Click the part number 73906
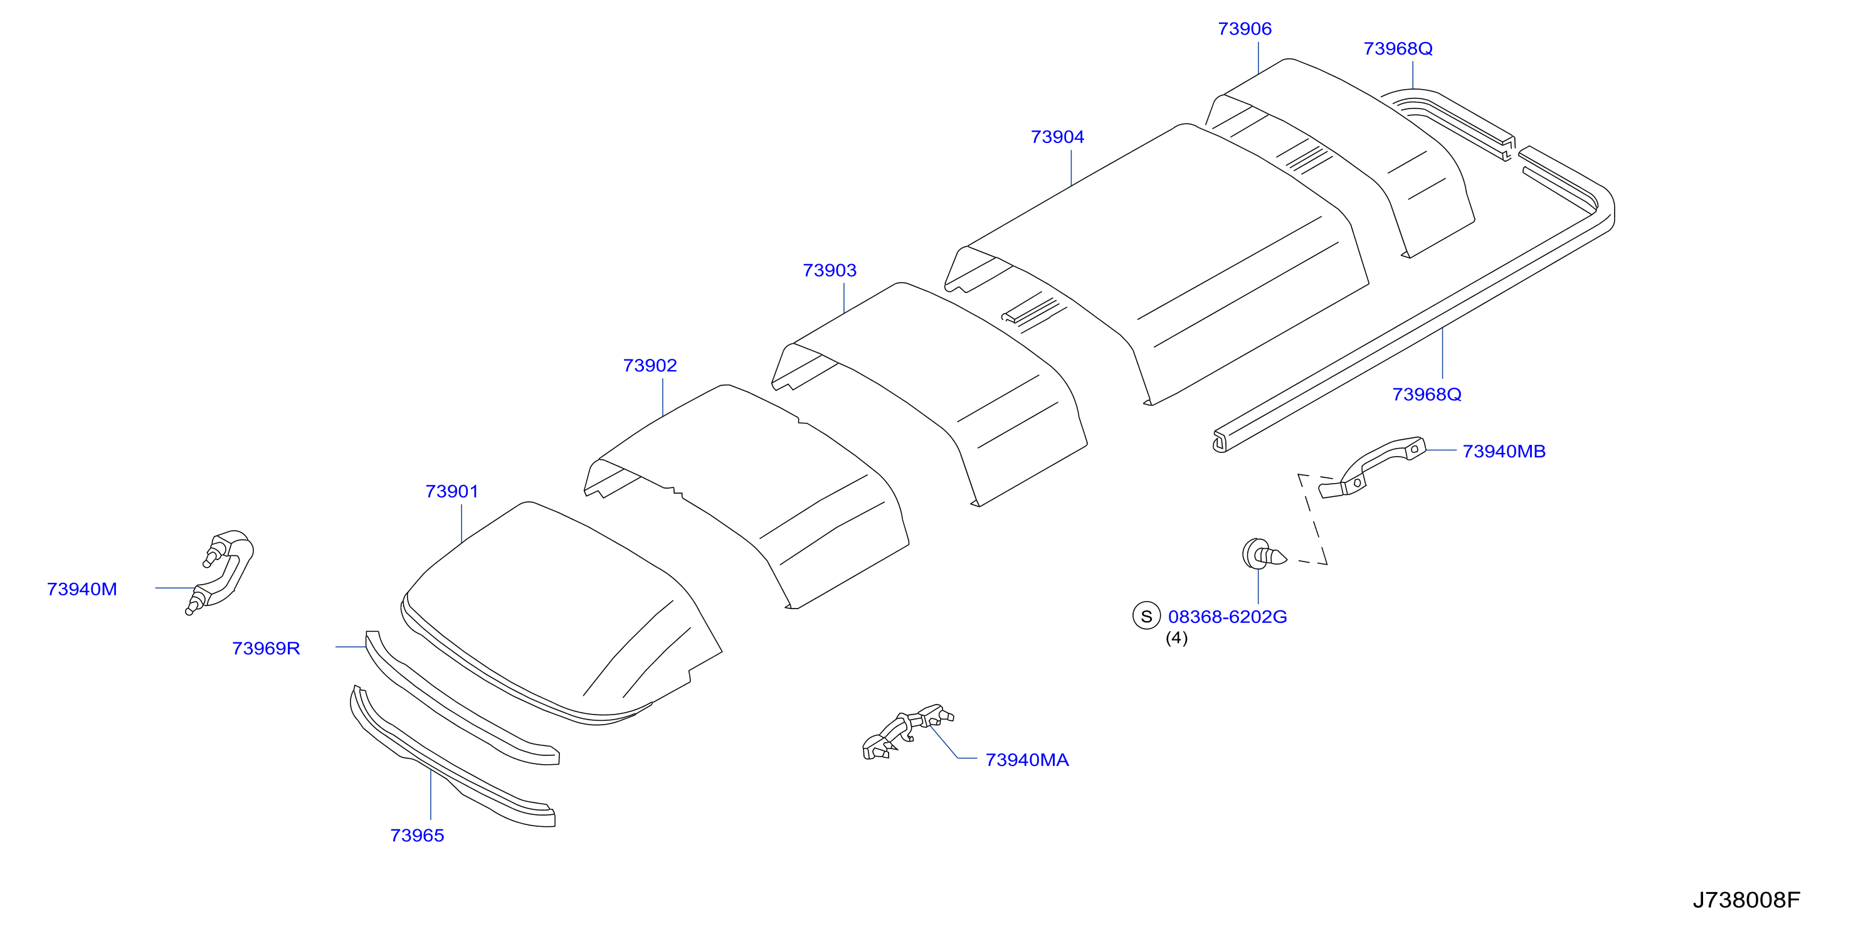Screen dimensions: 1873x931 tap(1244, 29)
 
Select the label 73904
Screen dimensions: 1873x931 tap(1057, 137)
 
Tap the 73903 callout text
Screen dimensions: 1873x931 tap(830, 270)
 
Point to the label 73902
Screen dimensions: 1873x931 tap(650, 366)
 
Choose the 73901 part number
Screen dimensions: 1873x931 tap(451, 492)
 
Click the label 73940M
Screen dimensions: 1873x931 tap(82, 589)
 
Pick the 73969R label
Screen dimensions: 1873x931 tap(266, 648)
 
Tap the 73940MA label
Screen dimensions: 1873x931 tap(1026, 760)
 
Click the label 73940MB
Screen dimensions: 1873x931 tap(1504, 452)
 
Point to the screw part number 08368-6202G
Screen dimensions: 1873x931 tap(1227, 617)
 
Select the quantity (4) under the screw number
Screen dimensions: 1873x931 tap(1176, 638)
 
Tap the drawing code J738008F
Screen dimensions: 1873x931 tap(1746, 900)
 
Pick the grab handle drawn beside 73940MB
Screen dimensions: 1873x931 tap(1371, 467)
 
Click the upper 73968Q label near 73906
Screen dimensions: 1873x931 tap(1398, 49)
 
